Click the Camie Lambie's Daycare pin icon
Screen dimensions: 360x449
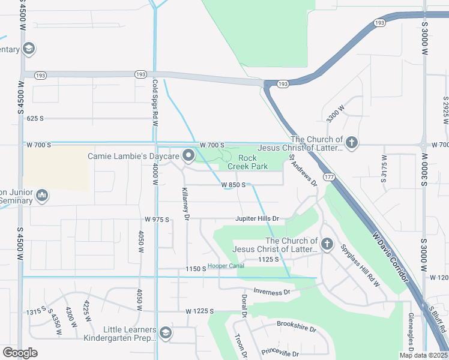click(x=188, y=156)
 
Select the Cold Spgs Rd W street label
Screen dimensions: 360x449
click(x=155, y=102)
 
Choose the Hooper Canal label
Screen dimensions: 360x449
click(x=226, y=266)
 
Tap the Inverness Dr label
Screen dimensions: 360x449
click(x=272, y=292)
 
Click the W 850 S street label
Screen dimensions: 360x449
click(x=233, y=185)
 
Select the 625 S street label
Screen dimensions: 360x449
click(x=35, y=118)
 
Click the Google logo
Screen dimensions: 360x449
click(x=20, y=353)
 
